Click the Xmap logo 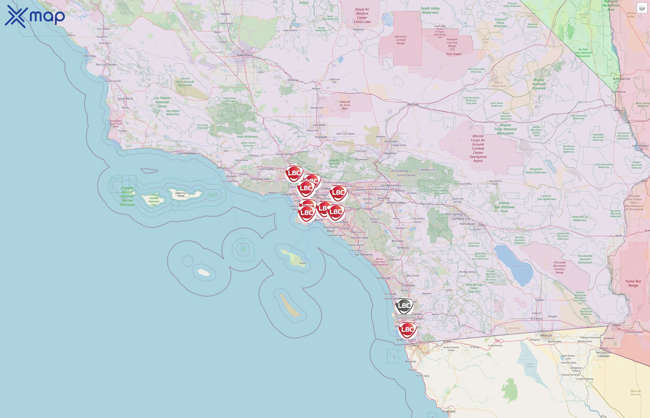pos(35,16)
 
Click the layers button pos(642,8)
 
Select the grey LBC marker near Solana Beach pos(404,306)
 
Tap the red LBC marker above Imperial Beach pos(407,330)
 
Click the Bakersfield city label pos(244,55)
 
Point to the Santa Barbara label pos(187,153)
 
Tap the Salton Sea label pos(518,266)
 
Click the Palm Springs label pos(454,214)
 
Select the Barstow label pos(413,104)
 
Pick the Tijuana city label pos(414,345)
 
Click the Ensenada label pos(449,411)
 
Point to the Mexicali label pos(546,336)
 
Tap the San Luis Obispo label pos(106,65)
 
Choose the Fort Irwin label pos(454,54)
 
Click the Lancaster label pos(319,125)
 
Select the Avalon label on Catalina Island pos(303,263)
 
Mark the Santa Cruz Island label pos(181,194)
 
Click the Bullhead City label pos(621,79)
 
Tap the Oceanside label pos(383,278)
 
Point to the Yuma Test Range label pos(633,283)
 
